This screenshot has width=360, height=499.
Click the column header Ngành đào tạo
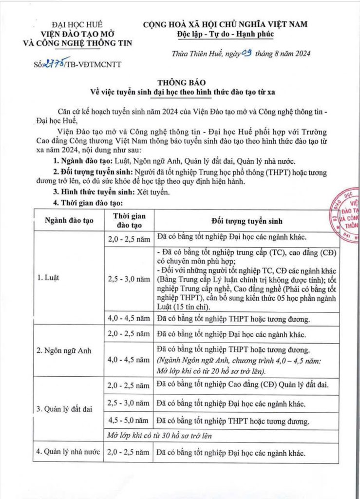pos(69,221)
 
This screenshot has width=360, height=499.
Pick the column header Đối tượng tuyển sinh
pos(246,221)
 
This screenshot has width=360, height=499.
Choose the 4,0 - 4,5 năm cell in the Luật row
pos(129,319)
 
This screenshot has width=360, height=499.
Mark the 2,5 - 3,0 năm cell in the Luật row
pos(129,279)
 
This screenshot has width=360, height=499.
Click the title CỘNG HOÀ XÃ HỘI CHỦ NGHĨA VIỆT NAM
pos(225,24)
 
